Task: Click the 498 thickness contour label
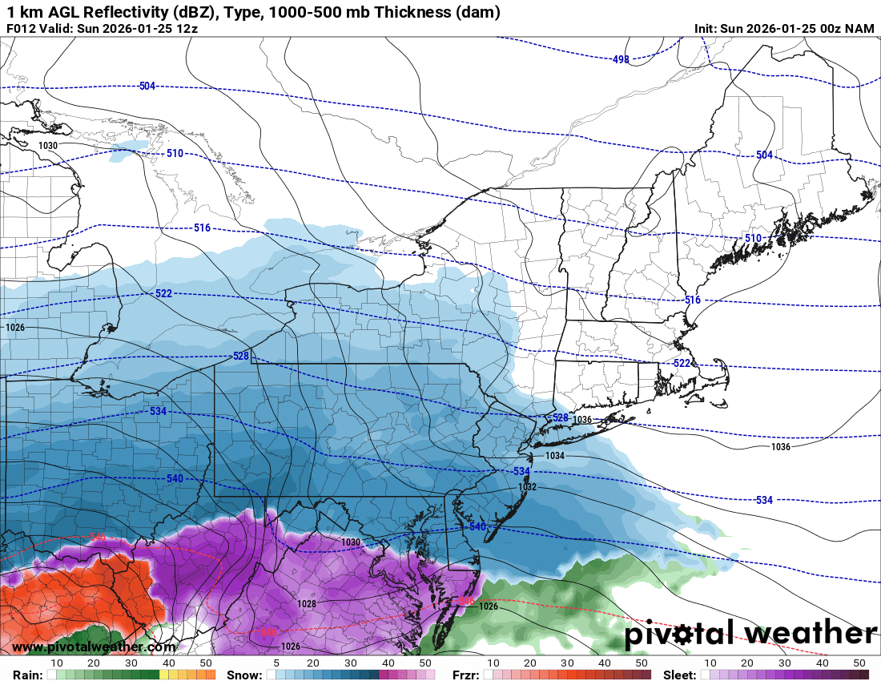click(621, 59)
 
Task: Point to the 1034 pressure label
click(554, 455)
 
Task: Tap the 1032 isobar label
click(527, 486)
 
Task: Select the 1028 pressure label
click(306, 604)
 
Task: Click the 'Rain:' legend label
click(22, 675)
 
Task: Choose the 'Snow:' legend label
click(243, 675)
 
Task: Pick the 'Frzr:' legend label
click(465, 675)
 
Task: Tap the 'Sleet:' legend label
click(681, 675)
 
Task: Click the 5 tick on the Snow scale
click(276, 663)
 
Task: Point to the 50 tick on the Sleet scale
click(860, 663)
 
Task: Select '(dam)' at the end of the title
click(477, 12)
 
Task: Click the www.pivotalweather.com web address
click(94, 647)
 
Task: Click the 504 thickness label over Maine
click(764, 155)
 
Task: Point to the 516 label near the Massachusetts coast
click(692, 300)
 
